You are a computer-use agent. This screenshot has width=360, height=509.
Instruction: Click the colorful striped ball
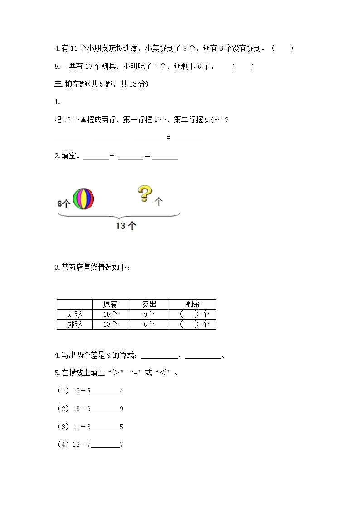point(83,199)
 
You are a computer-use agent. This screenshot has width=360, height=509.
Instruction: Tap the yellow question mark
point(145,194)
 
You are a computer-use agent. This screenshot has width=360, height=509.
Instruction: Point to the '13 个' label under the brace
point(126,225)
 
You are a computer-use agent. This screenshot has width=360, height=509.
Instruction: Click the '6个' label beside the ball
point(63,204)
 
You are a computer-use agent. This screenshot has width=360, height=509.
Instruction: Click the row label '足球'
point(75,314)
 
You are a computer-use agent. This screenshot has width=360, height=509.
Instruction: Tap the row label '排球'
point(75,324)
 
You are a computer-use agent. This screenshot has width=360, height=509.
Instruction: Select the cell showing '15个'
point(110,314)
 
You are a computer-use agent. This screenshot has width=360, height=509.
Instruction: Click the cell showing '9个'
point(149,314)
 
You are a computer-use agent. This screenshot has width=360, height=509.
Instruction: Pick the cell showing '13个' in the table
point(110,324)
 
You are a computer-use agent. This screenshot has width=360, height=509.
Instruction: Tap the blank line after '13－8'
point(105,391)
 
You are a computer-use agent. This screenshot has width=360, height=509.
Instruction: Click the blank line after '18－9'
point(105,409)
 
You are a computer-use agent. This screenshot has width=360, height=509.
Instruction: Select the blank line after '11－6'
point(105,427)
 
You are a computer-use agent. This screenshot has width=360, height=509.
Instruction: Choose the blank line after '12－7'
point(105,445)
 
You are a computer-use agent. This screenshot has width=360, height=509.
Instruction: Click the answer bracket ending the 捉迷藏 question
point(283,48)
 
